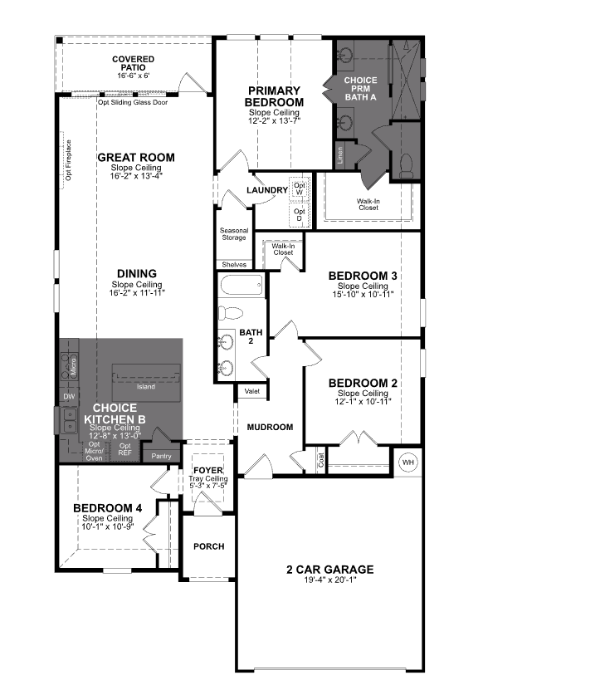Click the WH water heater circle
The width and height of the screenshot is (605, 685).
point(408,462)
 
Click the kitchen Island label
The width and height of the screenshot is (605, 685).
point(146,386)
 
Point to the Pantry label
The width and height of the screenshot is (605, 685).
point(160,456)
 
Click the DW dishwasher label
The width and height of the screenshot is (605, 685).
point(69,397)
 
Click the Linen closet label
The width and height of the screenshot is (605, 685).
point(339,154)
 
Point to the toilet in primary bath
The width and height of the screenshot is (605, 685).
point(406,164)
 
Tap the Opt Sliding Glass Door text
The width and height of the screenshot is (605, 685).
point(133,103)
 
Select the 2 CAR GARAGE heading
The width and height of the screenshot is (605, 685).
point(329,570)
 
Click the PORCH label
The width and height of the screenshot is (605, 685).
point(209,546)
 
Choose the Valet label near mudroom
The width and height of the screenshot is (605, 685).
point(251,390)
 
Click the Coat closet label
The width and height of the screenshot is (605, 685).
point(320,456)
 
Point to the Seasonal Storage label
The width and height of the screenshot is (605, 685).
point(233,234)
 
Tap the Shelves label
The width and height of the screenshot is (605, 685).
point(234,264)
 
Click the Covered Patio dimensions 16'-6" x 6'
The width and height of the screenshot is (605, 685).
point(133,76)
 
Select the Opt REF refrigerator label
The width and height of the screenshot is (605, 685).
point(125,449)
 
